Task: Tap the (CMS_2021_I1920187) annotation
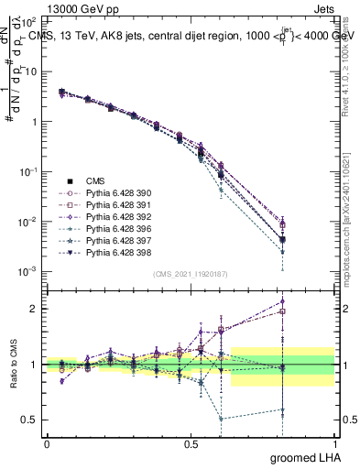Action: click(190, 273)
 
